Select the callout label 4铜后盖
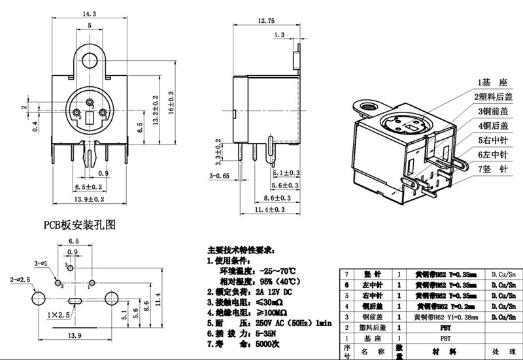point(492,125)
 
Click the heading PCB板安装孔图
point(79,226)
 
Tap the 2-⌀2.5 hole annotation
point(22,280)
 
